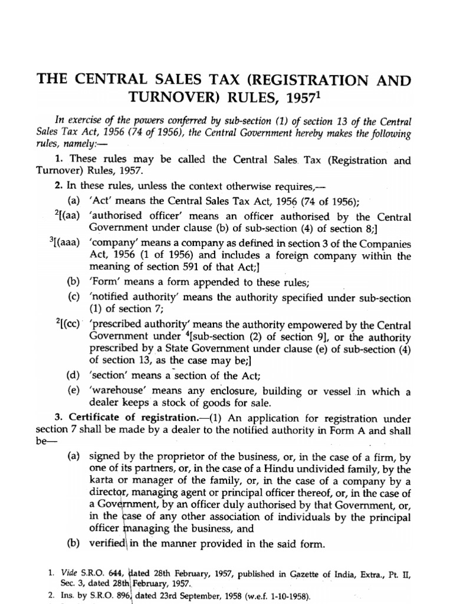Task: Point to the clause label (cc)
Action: (69, 325)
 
